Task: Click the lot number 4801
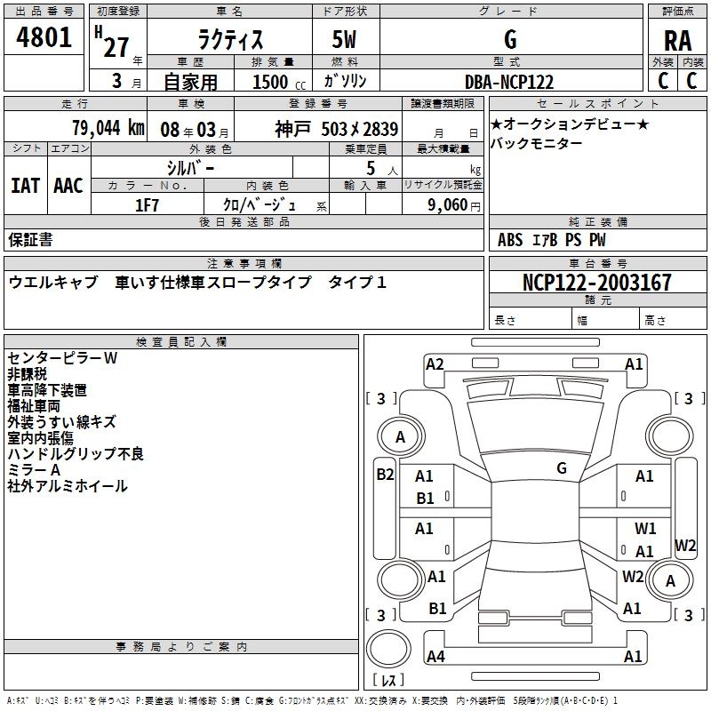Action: (46, 40)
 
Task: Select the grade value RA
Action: (677, 40)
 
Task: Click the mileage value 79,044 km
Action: (107, 128)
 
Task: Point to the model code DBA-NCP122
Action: (509, 82)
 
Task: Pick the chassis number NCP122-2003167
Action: (597, 283)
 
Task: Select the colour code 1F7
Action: (147, 205)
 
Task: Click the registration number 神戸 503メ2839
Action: (337, 128)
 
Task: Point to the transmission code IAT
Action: (25, 185)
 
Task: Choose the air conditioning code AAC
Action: (68, 185)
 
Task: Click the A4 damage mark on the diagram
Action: (435, 657)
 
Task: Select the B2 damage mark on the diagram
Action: (384, 474)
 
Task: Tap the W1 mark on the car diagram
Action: (644, 529)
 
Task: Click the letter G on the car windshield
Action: (561, 467)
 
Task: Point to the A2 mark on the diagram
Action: (435, 363)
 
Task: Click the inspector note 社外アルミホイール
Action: (67, 486)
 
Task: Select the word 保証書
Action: (30, 239)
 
